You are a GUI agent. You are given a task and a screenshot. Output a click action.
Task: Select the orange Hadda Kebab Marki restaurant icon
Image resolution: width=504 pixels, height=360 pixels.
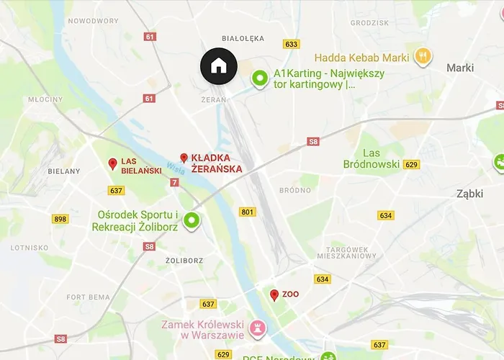[x=423, y=56]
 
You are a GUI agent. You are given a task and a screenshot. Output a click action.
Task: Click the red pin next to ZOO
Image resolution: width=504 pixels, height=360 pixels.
[x=274, y=295]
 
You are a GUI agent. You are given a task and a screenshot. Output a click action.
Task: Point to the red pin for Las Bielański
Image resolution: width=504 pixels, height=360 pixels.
[x=112, y=164]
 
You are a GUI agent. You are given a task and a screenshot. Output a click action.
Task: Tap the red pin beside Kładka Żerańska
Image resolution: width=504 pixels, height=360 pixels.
[x=184, y=158]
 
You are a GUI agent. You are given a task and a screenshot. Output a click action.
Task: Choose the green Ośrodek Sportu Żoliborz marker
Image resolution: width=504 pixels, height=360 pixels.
[x=192, y=220]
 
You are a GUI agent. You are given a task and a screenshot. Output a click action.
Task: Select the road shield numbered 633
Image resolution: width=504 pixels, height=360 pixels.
[x=292, y=44]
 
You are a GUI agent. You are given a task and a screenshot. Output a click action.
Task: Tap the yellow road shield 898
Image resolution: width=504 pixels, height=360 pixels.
[x=60, y=219]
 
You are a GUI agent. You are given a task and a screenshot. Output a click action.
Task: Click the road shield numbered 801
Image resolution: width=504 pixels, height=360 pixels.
[x=248, y=212]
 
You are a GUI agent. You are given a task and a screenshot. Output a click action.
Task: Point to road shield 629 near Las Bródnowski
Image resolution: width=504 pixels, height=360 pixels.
[x=411, y=165]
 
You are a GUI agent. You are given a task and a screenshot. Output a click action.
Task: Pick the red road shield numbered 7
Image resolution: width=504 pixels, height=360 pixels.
[x=175, y=183]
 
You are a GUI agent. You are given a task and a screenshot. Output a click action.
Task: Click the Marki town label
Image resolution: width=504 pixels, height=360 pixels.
[x=460, y=68]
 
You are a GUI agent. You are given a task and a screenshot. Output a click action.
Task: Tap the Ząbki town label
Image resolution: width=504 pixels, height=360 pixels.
[x=474, y=193]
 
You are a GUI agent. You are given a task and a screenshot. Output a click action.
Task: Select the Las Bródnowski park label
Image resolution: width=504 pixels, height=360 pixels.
[x=381, y=158]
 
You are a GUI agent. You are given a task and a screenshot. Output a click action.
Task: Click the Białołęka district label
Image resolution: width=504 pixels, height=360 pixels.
[x=243, y=38]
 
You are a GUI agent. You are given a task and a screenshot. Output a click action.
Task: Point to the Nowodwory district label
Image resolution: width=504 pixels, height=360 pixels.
[x=93, y=21]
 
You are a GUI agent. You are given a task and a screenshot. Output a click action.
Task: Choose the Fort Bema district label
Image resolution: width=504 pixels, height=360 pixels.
[x=89, y=297]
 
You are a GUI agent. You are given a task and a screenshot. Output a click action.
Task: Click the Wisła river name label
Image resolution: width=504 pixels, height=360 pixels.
[x=175, y=168]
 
